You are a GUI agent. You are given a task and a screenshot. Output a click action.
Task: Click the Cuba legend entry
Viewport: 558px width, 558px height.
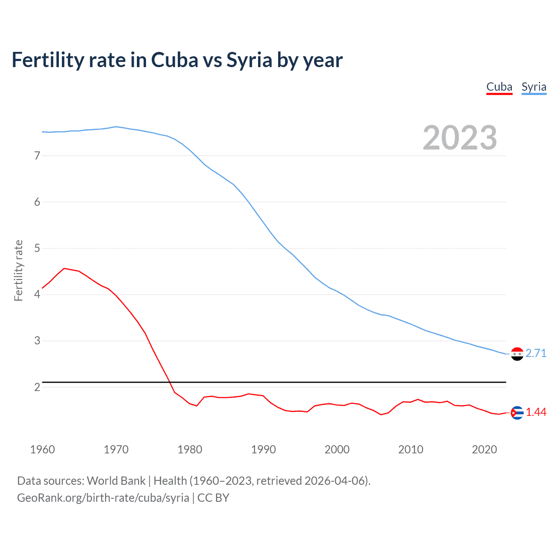point(499,87)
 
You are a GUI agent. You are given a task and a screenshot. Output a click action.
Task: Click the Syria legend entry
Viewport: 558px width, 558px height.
point(534,87)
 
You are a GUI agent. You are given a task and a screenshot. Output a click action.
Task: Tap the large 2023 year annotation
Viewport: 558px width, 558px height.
point(459,138)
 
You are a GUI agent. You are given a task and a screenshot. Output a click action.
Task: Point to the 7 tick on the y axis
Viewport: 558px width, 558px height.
point(37,156)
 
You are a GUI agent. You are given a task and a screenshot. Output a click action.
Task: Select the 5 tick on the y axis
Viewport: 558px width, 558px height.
point(37,248)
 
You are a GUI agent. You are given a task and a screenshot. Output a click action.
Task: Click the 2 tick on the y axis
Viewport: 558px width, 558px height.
point(37,387)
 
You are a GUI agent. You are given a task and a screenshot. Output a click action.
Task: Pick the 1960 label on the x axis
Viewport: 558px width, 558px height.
point(42,449)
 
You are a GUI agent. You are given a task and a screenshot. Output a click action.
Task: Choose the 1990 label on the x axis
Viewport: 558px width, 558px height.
point(263,449)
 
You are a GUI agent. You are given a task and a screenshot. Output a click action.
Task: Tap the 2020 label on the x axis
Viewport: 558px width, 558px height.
point(484,449)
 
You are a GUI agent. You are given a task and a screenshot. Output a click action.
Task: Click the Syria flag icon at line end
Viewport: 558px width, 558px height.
point(517,354)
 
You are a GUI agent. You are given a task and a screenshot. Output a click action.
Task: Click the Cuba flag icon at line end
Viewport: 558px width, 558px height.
point(517,412)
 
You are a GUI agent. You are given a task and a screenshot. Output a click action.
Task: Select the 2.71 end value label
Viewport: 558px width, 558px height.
point(536,354)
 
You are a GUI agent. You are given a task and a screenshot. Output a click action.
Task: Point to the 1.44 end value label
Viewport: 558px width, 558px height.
point(536,412)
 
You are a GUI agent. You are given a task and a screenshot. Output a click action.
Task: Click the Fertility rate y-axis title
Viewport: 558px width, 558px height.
point(18,270)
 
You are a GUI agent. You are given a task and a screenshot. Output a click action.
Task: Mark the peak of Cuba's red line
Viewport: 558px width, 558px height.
point(64,269)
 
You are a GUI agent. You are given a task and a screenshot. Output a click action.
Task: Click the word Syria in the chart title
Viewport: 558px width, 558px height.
point(249,60)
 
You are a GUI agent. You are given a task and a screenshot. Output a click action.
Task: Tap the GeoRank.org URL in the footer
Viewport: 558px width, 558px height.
point(103,498)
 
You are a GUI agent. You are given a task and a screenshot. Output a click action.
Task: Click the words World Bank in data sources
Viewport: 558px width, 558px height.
point(116,481)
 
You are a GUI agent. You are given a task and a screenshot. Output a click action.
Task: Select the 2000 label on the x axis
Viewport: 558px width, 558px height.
point(337,449)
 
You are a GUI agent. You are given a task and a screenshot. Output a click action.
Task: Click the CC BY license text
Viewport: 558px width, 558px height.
point(213,498)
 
